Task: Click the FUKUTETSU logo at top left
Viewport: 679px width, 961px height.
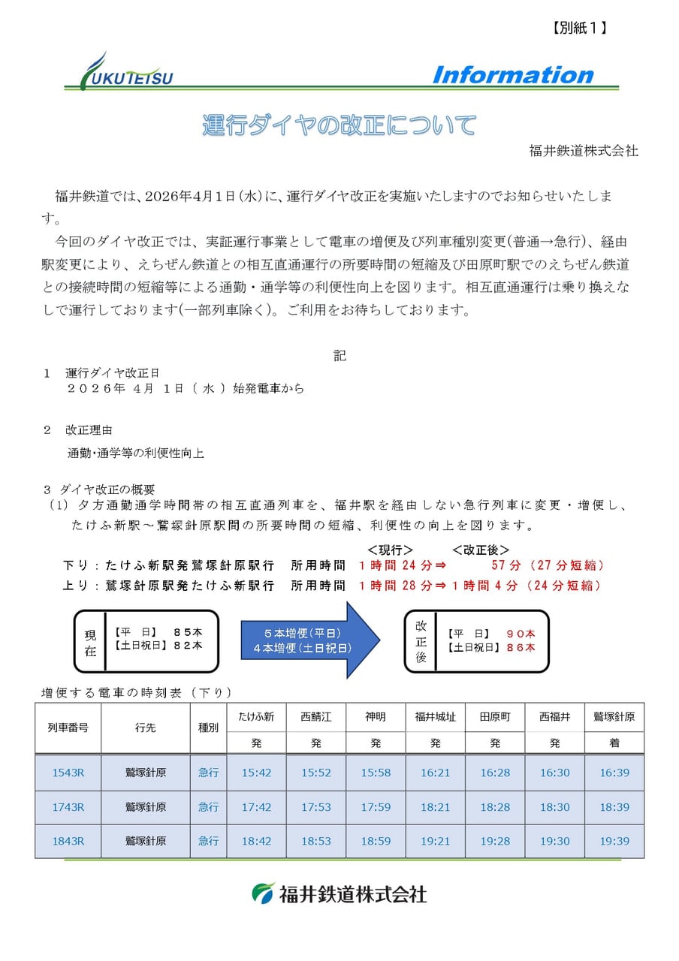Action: click(x=126, y=73)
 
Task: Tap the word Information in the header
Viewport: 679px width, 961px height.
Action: click(x=512, y=75)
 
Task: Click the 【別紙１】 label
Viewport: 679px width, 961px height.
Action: click(x=574, y=28)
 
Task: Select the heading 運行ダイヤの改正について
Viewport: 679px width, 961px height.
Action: click(x=339, y=125)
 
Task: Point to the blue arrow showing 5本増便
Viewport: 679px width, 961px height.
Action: click(x=309, y=640)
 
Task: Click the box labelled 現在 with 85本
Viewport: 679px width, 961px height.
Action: click(x=146, y=640)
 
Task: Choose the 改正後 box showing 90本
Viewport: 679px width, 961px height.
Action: click(x=476, y=640)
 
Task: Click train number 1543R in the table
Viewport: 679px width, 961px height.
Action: click(x=68, y=772)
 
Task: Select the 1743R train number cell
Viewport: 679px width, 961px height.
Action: click(x=68, y=807)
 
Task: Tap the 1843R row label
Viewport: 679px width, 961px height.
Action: click(x=68, y=841)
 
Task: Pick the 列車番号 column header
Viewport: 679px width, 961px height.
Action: click(x=68, y=728)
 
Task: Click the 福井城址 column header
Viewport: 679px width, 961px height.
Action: click(x=436, y=717)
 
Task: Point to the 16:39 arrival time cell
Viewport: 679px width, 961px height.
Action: click(x=614, y=772)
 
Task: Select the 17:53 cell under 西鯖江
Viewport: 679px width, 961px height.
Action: click(x=316, y=807)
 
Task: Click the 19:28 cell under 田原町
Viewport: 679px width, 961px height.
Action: click(x=495, y=841)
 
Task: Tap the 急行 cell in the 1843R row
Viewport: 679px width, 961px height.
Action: click(x=208, y=841)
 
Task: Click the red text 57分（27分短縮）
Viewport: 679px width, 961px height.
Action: click(x=548, y=565)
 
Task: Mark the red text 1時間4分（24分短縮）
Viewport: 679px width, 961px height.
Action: click(x=526, y=586)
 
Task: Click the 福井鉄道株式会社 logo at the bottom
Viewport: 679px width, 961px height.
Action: click(x=339, y=893)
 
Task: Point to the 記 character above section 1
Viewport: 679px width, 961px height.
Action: click(x=339, y=356)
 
